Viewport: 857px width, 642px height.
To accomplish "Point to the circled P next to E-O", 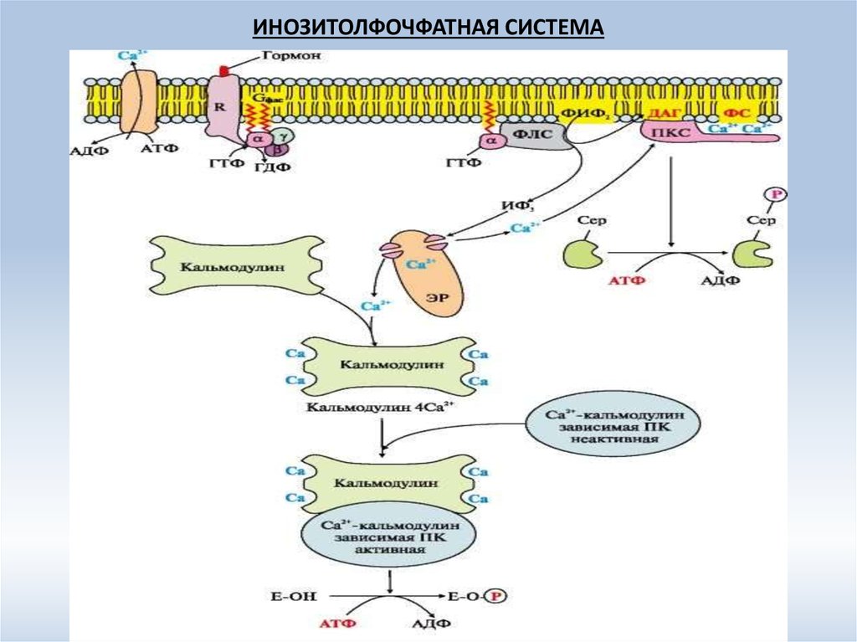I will pos(500,596).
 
